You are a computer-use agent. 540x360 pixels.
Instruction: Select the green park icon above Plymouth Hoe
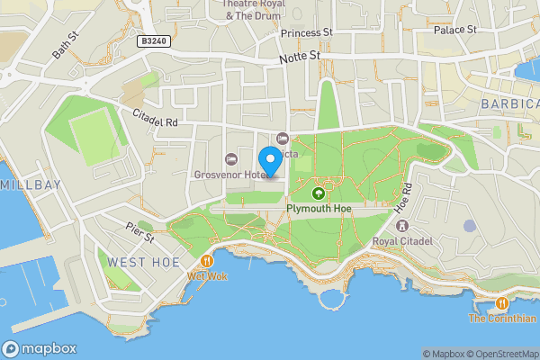(x=318, y=193)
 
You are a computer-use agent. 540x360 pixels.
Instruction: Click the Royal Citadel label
(x=402, y=240)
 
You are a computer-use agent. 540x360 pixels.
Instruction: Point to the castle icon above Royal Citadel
(x=402, y=225)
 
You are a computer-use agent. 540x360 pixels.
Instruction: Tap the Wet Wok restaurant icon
(x=207, y=261)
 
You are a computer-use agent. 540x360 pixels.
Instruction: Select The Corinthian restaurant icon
(x=501, y=304)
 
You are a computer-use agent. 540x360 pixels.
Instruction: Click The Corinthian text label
(x=501, y=319)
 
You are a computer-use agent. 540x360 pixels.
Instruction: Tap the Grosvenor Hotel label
(x=229, y=175)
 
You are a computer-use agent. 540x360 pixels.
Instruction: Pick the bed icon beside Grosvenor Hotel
(x=229, y=159)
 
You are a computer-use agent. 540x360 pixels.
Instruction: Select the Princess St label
(x=306, y=33)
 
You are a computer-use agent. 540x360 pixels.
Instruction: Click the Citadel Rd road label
(x=157, y=118)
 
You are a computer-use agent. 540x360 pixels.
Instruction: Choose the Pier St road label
(x=141, y=232)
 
